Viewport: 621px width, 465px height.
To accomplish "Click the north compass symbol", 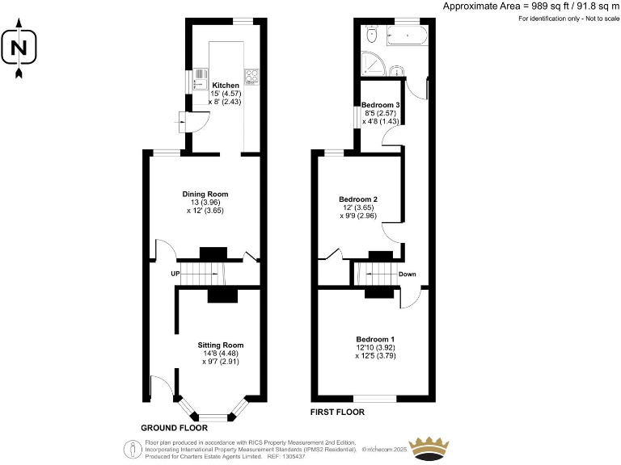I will pos(19,49).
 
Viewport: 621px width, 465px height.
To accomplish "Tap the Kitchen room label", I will pos(226,85).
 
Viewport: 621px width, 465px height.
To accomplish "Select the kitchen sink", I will pos(196,82).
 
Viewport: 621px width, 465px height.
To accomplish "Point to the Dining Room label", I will pos(205,194).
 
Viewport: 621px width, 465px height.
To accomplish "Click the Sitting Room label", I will pos(221,345).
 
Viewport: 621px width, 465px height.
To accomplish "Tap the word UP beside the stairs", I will pos(174,274).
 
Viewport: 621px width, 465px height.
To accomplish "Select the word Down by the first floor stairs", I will pos(408,274).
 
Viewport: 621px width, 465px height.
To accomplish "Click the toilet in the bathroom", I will pos(372,35).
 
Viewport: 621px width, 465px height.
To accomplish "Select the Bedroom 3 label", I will pos(381,106).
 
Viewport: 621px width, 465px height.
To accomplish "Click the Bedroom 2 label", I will pos(358,199).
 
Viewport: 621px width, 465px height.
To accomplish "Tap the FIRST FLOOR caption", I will pos(338,412).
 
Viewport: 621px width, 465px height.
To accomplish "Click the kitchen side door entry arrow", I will pos(178,123).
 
